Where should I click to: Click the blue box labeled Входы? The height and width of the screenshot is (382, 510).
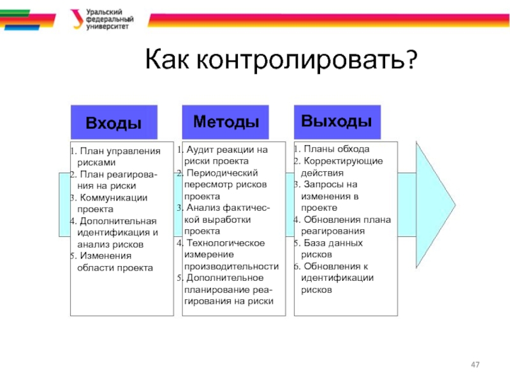pos(113,122)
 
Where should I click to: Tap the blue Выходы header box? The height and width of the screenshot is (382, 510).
pos(337,120)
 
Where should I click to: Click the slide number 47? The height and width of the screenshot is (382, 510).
pos(474,364)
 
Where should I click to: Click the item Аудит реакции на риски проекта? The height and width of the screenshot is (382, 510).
pos(225,155)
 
